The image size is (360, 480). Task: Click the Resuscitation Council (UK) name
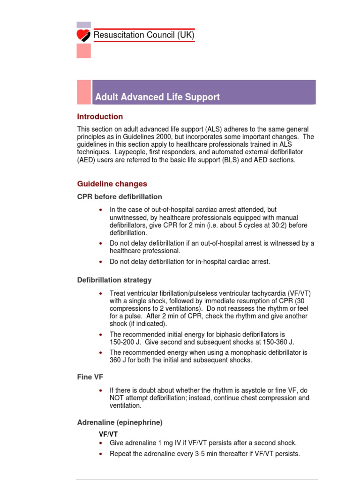(x=144, y=35)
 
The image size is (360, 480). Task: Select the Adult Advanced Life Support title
(x=157, y=97)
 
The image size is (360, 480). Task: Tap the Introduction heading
(x=100, y=117)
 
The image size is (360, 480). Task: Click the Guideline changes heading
(x=112, y=184)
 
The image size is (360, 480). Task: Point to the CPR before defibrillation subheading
(x=120, y=196)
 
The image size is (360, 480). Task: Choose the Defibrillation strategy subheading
(x=114, y=280)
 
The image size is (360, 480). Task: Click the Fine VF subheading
(x=90, y=376)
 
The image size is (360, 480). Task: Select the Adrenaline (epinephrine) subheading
(x=120, y=422)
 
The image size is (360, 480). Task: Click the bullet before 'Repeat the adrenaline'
(x=100, y=454)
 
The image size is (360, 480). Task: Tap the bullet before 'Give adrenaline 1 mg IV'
(x=100, y=443)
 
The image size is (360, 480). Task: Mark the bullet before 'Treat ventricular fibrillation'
(x=100, y=293)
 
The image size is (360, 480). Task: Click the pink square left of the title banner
(x=84, y=92)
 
